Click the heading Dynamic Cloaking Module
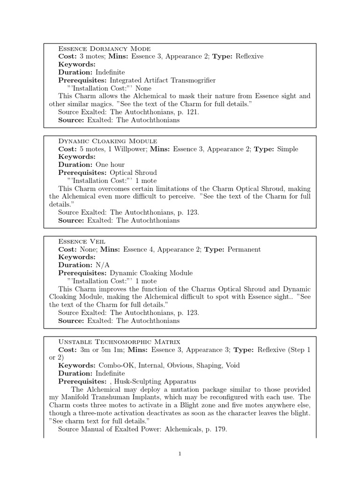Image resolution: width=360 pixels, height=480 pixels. point(107,141)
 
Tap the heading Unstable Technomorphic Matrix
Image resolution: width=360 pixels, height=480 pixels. point(119,342)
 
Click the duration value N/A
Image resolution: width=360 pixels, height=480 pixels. point(103,265)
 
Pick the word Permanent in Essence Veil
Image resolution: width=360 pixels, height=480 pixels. point(244,249)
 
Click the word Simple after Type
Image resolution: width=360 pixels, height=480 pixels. point(287,149)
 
